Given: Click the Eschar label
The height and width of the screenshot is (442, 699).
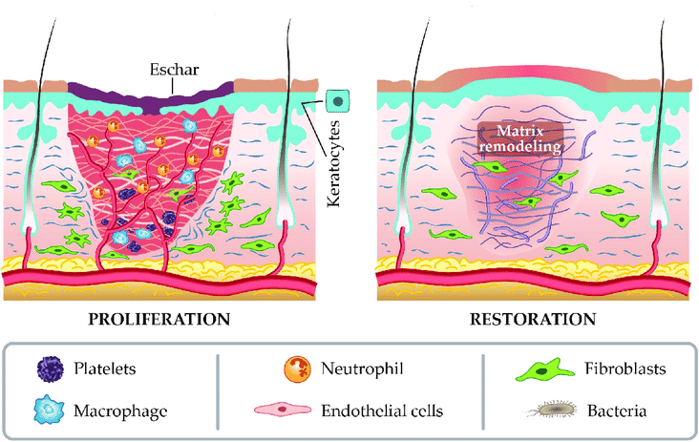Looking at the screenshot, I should (x=172, y=69).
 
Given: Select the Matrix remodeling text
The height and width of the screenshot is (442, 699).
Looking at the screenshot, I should (x=522, y=139).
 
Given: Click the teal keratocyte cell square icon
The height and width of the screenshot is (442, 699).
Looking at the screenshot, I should (x=337, y=99).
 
